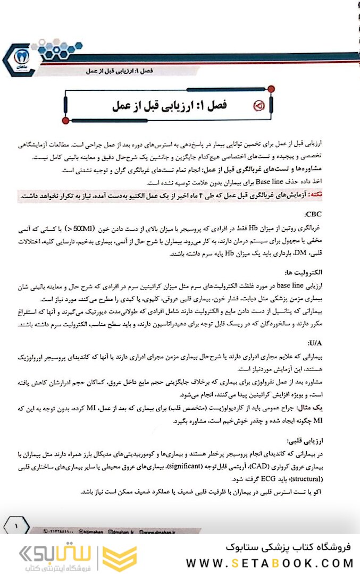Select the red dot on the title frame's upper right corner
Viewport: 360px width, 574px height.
(272, 88)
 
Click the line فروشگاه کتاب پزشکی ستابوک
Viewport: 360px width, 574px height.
(284, 547)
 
